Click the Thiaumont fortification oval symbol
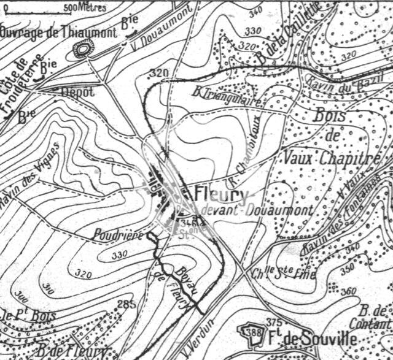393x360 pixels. (x=82, y=49)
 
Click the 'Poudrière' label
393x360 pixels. (x=118, y=234)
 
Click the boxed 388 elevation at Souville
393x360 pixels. (x=251, y=332)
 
